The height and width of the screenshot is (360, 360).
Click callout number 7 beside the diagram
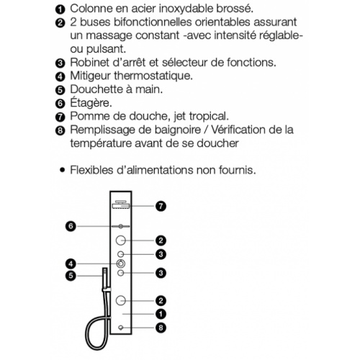161,205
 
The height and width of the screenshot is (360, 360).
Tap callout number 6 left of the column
71,226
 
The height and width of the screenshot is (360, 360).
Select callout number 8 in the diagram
161,327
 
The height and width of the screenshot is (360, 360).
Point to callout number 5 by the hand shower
71,274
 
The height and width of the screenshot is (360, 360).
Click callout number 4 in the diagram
71,263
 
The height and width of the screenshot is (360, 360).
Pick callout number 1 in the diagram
161,314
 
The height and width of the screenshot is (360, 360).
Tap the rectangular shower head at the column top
121,206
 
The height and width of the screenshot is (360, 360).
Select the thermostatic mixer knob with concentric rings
121,264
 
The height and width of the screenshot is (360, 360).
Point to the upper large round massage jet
121,240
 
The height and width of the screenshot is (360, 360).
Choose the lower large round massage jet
121,300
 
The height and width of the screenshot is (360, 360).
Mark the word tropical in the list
207,116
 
